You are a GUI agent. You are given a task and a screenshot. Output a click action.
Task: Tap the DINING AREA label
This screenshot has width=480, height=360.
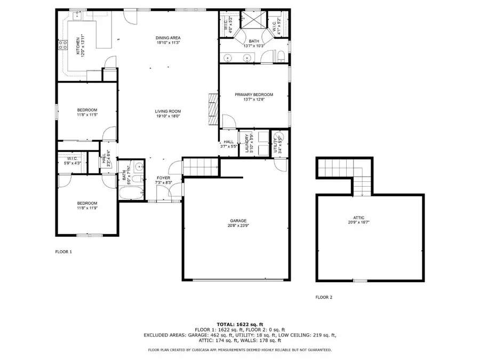coord(164,37)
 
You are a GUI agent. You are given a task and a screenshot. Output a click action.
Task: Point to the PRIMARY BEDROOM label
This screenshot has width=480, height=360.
coord(253,94)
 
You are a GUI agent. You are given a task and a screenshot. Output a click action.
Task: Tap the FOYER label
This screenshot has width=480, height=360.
coord(163,178)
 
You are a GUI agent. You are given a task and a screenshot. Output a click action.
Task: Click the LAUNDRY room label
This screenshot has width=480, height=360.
coord(247,143)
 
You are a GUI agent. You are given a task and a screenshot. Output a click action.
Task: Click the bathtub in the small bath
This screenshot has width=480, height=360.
coord(131,194)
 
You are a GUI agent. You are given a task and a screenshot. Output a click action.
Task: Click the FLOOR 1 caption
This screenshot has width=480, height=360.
coord(63,251)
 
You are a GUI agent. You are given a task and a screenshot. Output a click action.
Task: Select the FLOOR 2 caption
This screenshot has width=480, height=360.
coord(324,297)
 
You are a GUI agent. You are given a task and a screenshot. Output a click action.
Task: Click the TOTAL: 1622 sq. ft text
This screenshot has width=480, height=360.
coord(239,324)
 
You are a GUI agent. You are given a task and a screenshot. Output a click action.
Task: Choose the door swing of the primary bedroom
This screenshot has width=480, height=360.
coord(227,121)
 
